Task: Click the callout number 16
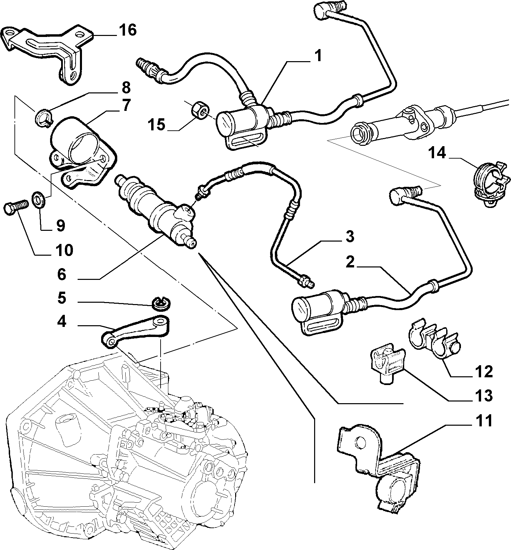[127, 31]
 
